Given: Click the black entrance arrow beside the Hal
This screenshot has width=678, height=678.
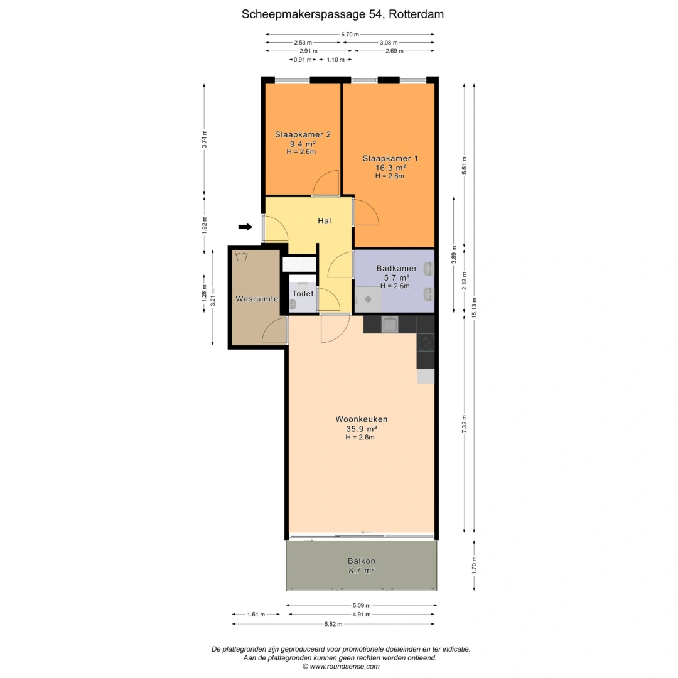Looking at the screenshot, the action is tap(245, 227).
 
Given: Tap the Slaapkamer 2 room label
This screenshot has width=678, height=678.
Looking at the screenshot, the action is tap(303, 134).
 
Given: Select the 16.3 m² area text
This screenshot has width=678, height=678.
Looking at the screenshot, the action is tap(390, 168).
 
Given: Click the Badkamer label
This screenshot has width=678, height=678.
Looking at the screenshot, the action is tap(397, 268).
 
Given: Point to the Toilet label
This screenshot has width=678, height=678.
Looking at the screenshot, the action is tap(303, 294).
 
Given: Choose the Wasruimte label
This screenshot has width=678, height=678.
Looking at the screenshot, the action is tap(257, 299).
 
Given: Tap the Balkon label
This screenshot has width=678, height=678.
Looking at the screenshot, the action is tap(362, 561).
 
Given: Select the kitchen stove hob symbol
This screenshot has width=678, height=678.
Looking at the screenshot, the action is tap(426, 342).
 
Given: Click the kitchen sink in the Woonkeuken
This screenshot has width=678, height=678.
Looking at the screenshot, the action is tap(390, 325).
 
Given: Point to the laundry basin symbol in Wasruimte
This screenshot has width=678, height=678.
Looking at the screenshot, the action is tap(241, 257).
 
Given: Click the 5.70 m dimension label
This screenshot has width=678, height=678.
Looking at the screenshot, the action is tap(350, 35).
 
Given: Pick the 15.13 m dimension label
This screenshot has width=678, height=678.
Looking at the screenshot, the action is tap(475, 308).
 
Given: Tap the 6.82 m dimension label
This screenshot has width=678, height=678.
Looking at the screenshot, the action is tap(333, 624).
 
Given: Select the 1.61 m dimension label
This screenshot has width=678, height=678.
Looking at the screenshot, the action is tap(256, 615).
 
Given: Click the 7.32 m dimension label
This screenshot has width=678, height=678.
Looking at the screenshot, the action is tap(465, 424).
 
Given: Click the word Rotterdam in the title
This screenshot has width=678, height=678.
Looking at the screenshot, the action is tap(416, 14).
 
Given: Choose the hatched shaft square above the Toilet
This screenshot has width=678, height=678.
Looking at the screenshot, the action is tap(299, 264).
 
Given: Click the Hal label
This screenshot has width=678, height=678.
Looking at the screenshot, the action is tap(325, 221).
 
